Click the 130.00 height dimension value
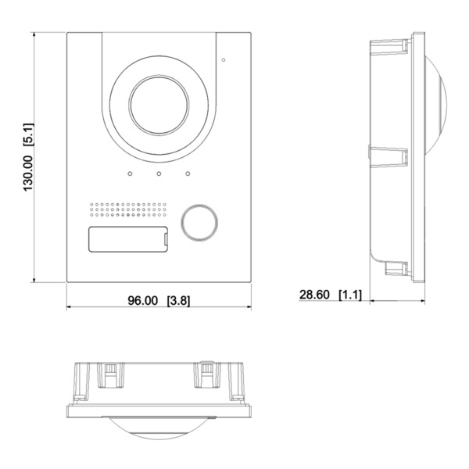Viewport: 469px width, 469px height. tap(28, 174)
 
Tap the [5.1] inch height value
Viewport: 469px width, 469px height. tap(29, 134)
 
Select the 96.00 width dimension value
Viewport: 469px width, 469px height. tap(143, 301)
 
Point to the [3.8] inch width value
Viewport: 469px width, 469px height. tap(178, 301)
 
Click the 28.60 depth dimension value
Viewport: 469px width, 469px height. tap(314, 295)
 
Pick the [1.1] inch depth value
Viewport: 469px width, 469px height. tap(350, 295)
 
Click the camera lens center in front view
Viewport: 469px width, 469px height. tap(159, 105)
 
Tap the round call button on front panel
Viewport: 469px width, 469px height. tap(199, 222)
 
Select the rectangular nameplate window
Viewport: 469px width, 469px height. tap(127, 239)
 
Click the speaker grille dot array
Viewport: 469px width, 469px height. tap(127, 209)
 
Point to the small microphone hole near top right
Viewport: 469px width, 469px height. tap(224, 60)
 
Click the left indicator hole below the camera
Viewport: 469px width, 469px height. tap(130, 174)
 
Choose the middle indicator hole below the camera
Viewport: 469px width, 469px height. tap(159, 174)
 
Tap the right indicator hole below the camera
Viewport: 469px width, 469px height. tap(188, 174)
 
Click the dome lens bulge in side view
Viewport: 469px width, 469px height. tap(435, 105)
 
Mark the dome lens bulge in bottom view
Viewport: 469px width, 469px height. tap(159, 428)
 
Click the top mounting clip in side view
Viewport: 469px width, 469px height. tap(389, 47)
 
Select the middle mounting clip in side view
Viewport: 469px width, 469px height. tap(388, 156)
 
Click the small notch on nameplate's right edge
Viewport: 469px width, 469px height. tap(166, 239)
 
